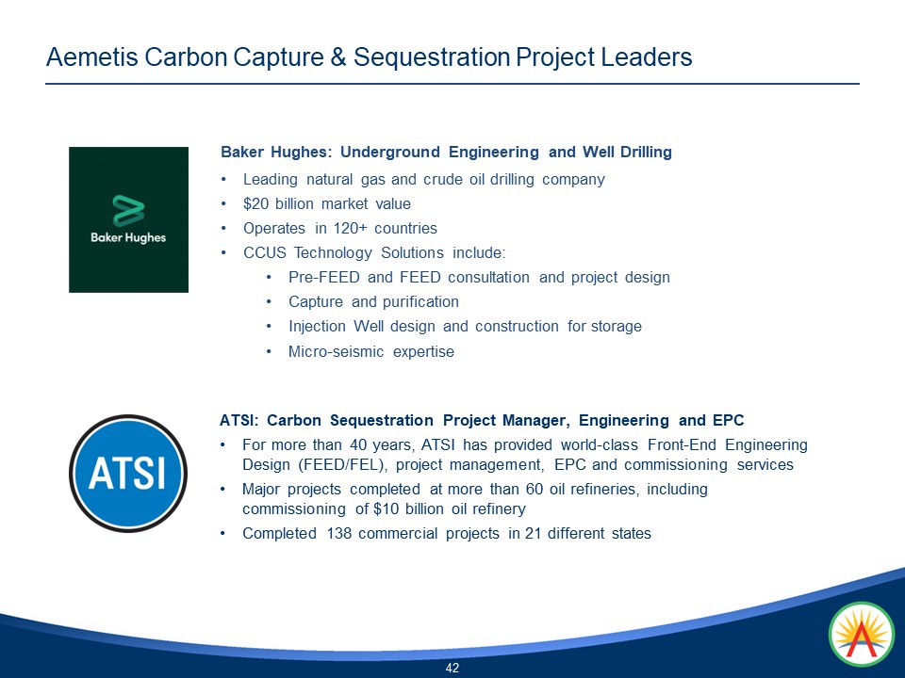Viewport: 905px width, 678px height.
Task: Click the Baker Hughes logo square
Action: pyautogui.click(x=128, y=219)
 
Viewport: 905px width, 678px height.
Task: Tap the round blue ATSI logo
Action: pyautogui.click(x=126, y=473)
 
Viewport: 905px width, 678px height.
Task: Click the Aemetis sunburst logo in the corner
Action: pyautogui.click(x=861, y=636)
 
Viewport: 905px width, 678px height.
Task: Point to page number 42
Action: pyautogui.click(x=452, y=668)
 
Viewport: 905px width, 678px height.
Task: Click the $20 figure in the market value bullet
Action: pyautogui.click(x=256, y=203)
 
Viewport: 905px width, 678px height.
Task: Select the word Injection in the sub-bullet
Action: pyautogui.click(x=319, y=326)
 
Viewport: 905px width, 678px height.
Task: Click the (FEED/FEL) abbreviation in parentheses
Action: pyautogui.click(x=344, y=464)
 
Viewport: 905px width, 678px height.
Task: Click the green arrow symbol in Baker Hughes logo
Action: pyautogui.click(x=128, y=210)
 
